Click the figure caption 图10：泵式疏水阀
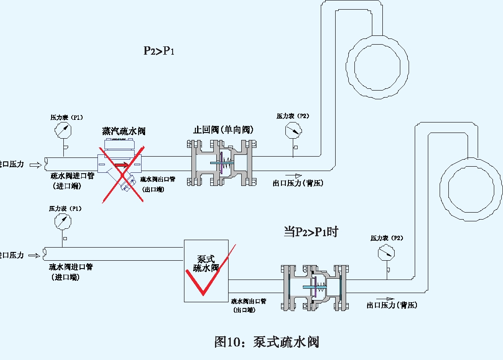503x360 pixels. (x=267, y=342)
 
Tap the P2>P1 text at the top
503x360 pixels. (x=159, y=51)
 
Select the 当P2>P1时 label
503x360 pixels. (x=311, y=232)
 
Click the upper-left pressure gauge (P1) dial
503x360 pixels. (x=63, y=130)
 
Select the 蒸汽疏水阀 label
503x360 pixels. (x=124, y=131)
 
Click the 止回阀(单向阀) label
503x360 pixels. (x=224, y=130)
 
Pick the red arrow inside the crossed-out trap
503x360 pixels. (x=124, y=165)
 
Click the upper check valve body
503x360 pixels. (x=220, y=163)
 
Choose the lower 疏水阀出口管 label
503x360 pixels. (x=248, y=301)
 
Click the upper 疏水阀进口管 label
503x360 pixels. (x=72, y=176)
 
